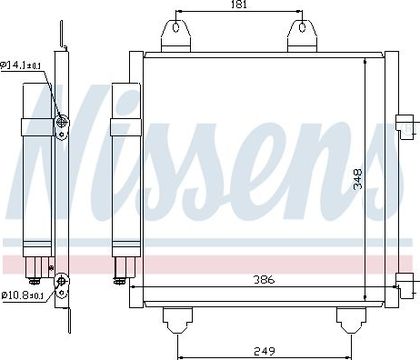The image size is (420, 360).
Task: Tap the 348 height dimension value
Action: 358,179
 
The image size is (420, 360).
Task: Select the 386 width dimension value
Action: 264,279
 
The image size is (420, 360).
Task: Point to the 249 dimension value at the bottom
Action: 265,351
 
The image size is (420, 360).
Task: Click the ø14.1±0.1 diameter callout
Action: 21,65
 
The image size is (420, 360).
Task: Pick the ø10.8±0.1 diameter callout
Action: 23,295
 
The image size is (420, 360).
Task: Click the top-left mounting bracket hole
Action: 176,27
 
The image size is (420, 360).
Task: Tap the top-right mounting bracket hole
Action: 302,27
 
